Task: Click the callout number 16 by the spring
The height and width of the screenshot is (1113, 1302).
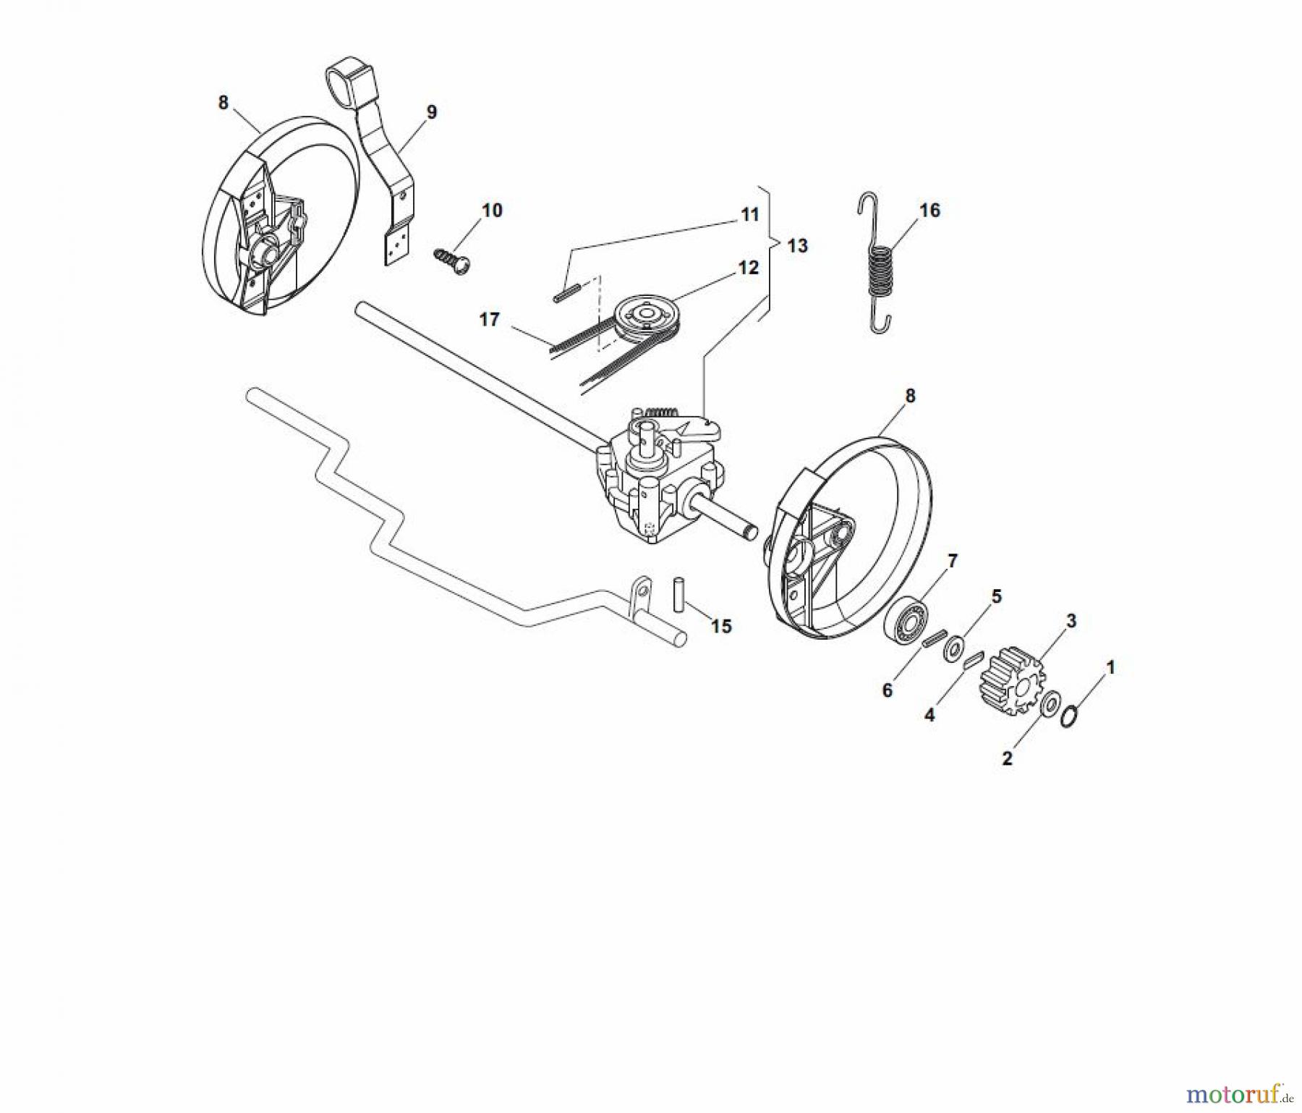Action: coord(929,210)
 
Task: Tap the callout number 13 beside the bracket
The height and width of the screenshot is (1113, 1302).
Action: coord(797,246)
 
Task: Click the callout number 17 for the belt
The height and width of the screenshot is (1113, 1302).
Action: coord(490,319)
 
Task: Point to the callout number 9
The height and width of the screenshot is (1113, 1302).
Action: coord(432,112)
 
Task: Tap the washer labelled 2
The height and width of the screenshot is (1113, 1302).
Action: coord(1047,704)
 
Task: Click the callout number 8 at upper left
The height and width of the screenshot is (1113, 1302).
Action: coord(223,103)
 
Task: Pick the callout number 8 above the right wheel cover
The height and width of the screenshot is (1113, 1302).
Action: coord(910,396)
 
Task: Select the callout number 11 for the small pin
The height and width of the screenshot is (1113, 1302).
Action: coord(750,214)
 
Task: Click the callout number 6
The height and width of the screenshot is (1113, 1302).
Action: coord(888,690)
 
